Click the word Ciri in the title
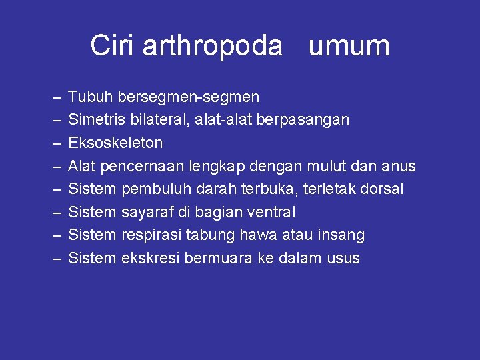pos(113,45)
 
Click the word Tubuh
pos(91,97)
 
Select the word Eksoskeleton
pos(115,143)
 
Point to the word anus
pos(401,166)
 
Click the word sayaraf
pos(147,213)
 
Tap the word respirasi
pos(151,235)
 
